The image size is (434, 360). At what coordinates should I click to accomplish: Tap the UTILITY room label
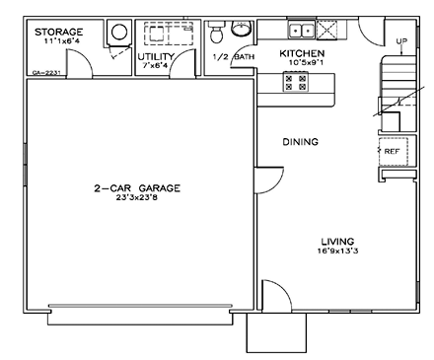coord(158,57)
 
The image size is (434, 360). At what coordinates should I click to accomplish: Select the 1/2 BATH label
coord(233,57)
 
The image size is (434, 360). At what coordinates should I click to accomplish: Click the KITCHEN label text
coord(302,53)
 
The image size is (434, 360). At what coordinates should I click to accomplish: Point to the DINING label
coord(300,142)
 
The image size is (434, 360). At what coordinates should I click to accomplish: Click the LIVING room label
coord(337,241)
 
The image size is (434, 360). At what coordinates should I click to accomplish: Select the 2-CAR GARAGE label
coord(137,187)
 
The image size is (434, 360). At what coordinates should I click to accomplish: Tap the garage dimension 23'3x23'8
coord(137,198)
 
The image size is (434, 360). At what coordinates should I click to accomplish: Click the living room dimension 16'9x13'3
coord(337,252)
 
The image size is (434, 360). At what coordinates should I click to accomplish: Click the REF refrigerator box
coord(392,152)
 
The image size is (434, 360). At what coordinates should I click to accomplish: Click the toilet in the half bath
coord(217,34)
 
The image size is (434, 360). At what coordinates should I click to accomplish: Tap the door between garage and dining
coord(266,180)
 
